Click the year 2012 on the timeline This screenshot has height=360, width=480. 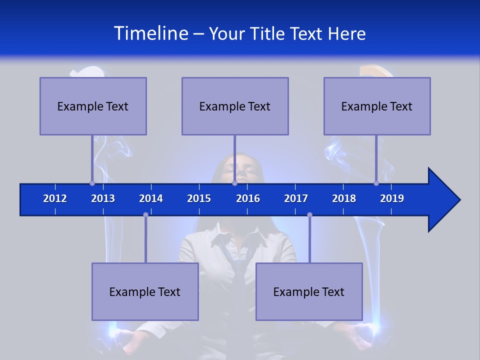(55, 198)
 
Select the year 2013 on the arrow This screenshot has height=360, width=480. (103, 198)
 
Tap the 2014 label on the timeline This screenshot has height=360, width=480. (151, 198)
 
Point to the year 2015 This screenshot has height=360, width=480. (199, 198)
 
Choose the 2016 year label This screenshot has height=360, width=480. (248, 198)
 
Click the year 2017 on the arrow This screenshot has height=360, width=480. (296, 198)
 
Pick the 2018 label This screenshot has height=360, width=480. (344, 198)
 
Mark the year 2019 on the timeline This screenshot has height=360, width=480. (392, 198)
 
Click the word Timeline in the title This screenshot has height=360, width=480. (150, 33)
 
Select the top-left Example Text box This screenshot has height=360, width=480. (93, 106)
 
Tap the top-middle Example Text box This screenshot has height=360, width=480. (235, 106)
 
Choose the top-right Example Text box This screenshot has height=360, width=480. (377, 106)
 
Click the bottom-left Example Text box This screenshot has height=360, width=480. (145, 291)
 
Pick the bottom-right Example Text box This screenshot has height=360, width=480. (309, 291)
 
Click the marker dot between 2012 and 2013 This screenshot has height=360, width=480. (92, 183)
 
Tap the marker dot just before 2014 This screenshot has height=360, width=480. (145, 214)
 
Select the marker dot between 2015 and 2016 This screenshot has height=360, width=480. (234, 183)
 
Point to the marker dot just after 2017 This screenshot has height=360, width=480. (309, 214)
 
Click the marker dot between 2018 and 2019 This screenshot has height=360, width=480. (376, 183)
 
